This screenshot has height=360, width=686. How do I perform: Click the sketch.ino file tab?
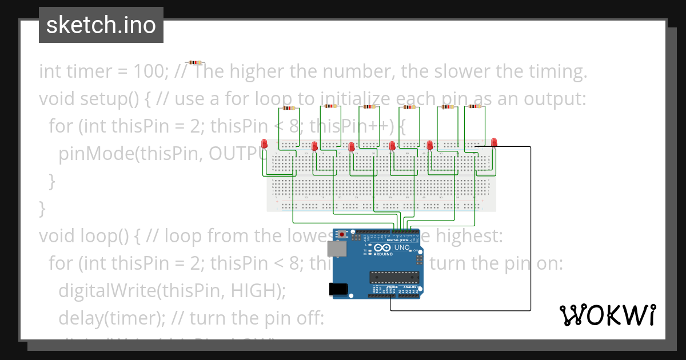(x=101, y=26)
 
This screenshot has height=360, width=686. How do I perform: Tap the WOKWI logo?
(x=607, y=315)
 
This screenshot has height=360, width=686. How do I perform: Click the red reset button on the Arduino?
(x=342, y=234)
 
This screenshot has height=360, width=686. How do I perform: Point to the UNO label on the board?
(x=402, y=248)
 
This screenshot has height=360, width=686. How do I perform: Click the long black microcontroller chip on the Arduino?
(x=395, y=278)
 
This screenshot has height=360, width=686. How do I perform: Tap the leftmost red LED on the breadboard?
(x=264, y=144)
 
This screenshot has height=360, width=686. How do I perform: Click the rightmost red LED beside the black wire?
(x=494, y=142)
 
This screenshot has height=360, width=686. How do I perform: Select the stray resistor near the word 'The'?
(x=195, y=62)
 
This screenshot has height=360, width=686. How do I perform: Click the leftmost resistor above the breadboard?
(x=288, y=108)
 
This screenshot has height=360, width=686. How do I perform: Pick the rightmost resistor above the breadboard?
(x=474, y=106)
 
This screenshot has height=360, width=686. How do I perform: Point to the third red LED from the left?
(x=352, y=147)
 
